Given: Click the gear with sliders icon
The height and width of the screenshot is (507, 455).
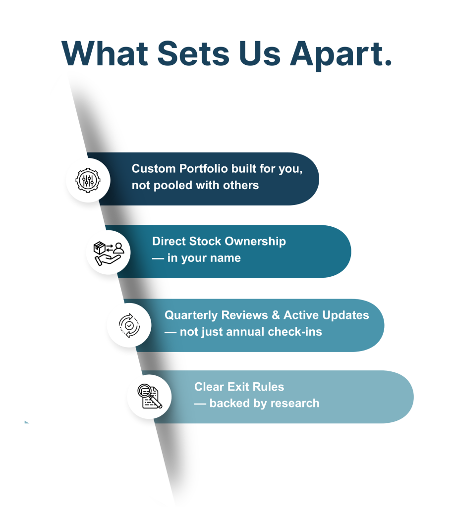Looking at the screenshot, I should (87, 179).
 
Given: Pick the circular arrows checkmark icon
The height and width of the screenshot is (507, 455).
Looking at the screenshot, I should (129, 325).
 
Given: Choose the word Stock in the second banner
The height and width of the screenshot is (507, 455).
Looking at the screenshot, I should (206, 242).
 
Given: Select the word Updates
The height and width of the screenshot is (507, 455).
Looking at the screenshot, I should (345, 315).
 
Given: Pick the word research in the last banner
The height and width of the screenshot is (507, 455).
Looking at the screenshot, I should (293, 404).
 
